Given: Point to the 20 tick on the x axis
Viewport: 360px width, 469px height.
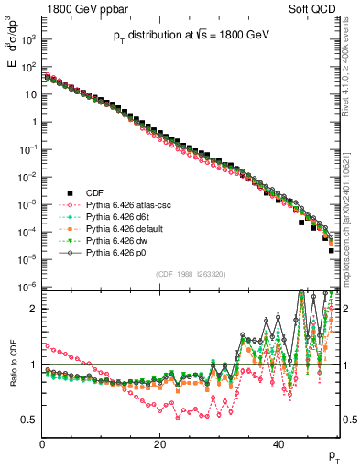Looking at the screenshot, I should coord(160,444).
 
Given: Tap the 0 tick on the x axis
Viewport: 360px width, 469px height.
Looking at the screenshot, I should coord(42,444).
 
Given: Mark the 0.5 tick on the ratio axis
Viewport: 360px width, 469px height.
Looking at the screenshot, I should coord(30,420).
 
